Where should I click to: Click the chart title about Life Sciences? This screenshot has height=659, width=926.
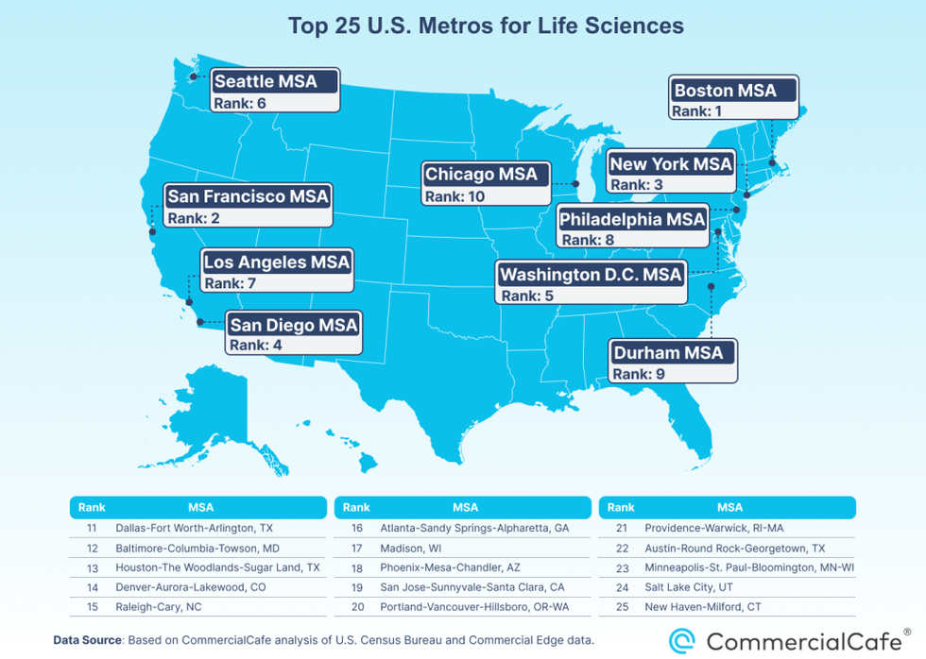click(x=486, y=25)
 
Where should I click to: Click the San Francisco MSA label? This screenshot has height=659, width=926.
click(x=248, y=196)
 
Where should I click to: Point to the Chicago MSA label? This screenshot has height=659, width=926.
click(x=481, y=174)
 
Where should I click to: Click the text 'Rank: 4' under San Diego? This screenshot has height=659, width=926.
click(x=256, y=346)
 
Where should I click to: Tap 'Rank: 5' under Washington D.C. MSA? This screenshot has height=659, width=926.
click(x=528, y=296)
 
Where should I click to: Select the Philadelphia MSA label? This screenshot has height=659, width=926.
click(x=632, y=219)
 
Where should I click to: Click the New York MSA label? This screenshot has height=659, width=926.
click(x=671, y=163)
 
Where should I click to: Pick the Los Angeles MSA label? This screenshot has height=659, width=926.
click(x=277, y=262)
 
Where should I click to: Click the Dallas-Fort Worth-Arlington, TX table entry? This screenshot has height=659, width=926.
click(x=193, y=529)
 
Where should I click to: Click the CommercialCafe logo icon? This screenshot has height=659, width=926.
click(x=682, y=641)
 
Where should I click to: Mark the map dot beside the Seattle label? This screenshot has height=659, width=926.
click(x=193, y=76)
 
